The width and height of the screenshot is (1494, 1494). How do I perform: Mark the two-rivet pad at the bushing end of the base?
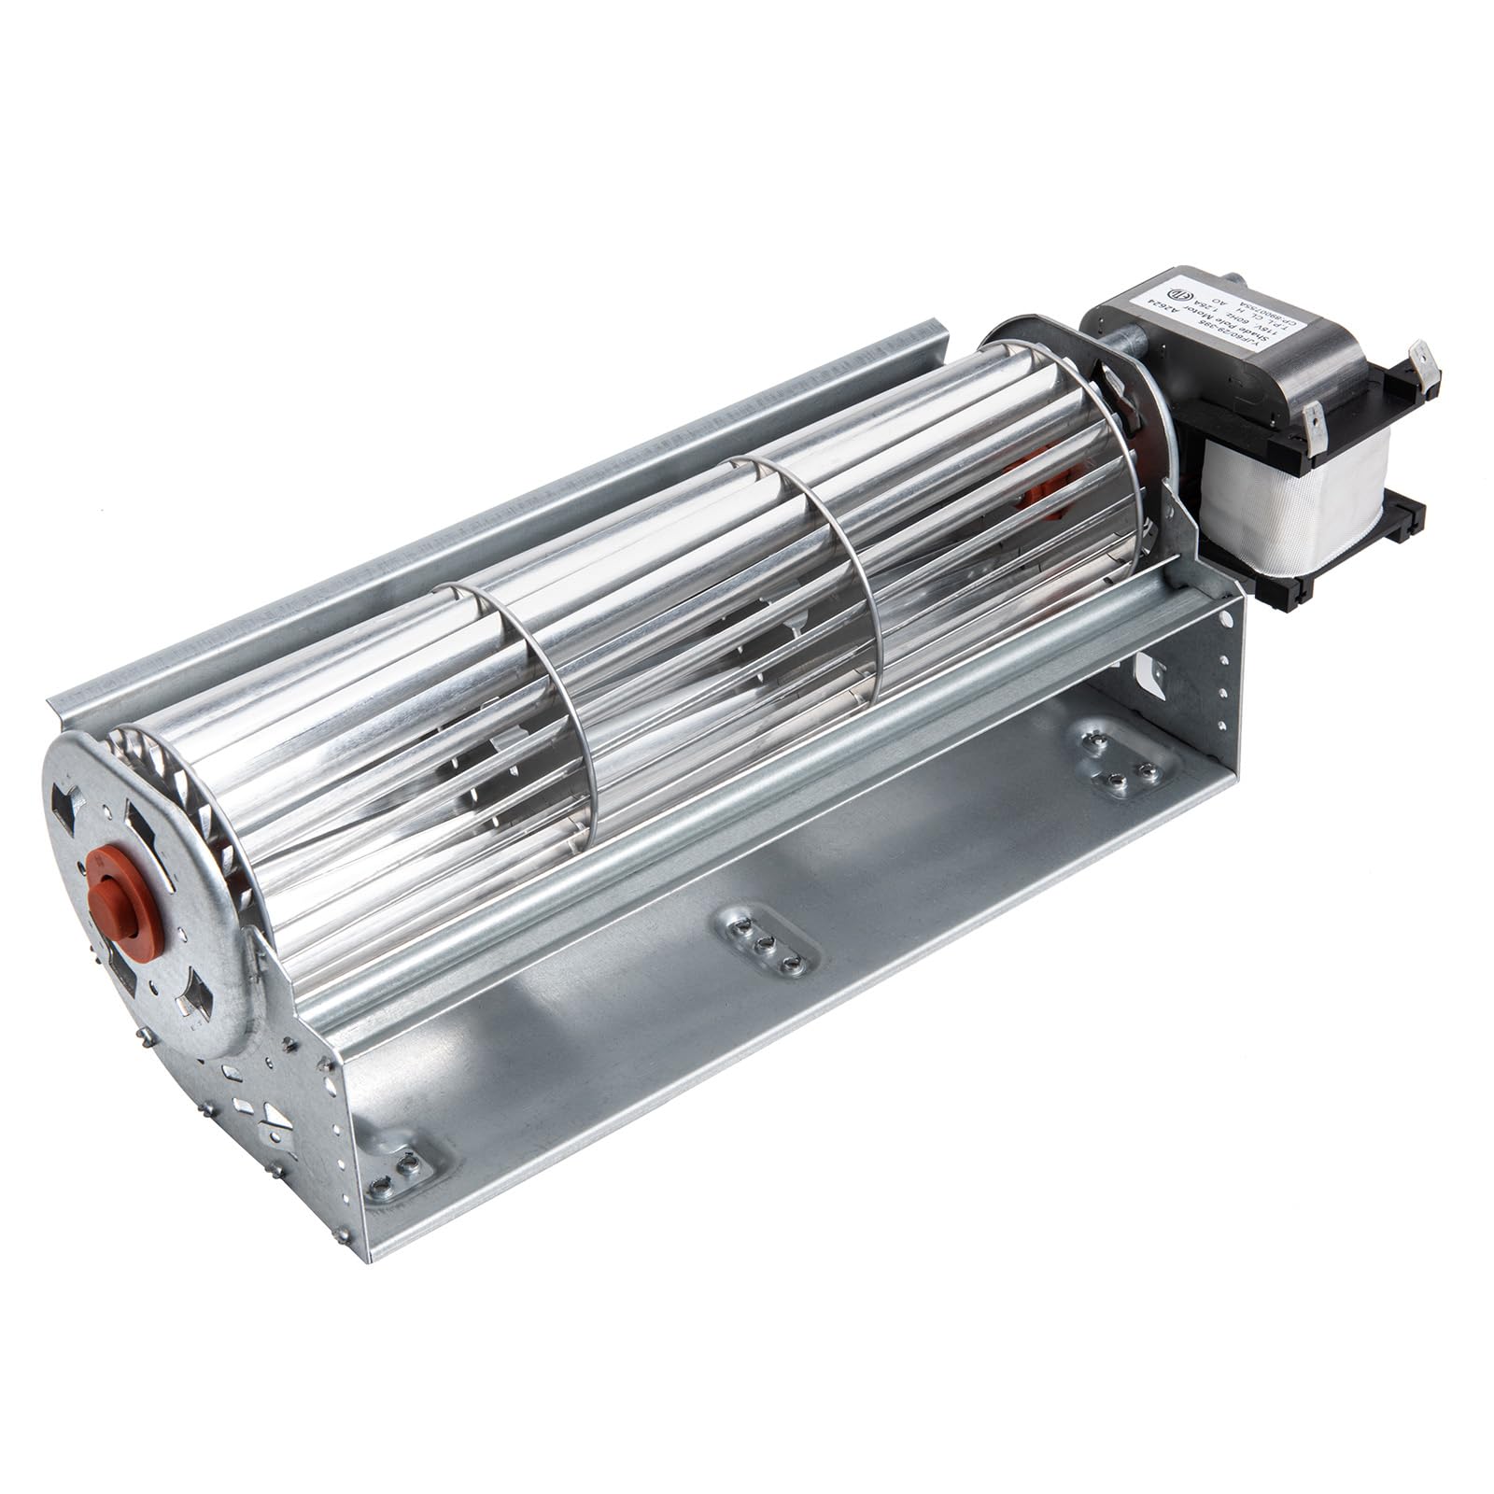click(401, 1162)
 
